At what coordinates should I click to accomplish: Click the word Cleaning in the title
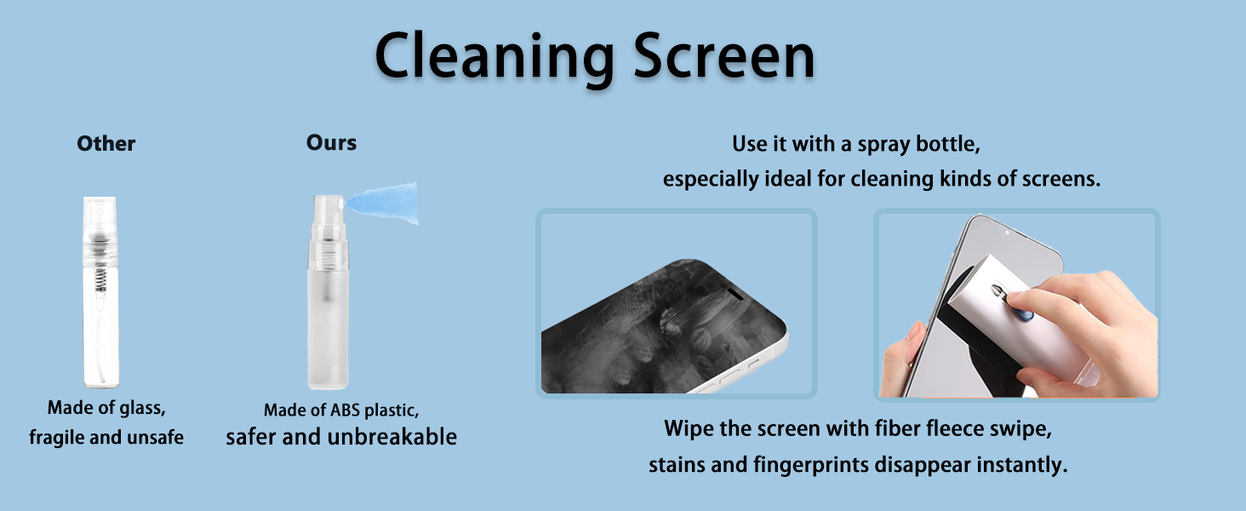(x=494, y=57)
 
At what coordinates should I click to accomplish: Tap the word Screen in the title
(x=724, y=55)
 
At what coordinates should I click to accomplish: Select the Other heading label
(x=106, y=144)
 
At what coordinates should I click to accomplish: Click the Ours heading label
(x=331, y=142)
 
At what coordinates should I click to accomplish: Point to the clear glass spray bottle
(x=100, y=291)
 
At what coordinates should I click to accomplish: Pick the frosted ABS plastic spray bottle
(x=329, y=291)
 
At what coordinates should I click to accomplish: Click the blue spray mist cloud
(x=385, y=203)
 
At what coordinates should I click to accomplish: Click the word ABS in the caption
(x=345, y=411)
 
